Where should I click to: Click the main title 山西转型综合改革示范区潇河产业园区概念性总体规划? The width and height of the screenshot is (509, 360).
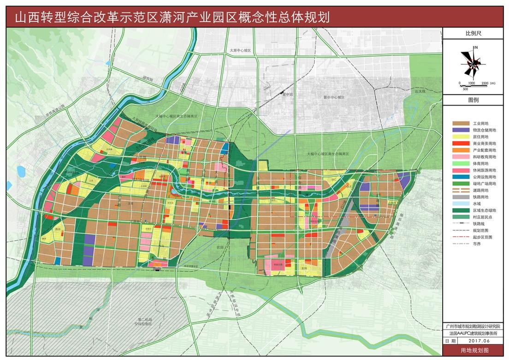[172, 17]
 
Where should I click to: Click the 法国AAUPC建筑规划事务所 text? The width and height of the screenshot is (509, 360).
[474, 333]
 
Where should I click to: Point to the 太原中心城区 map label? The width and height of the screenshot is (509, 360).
[240, 50]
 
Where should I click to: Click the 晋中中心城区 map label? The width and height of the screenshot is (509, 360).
[334, 98]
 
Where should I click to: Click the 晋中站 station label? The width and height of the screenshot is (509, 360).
[289, 94]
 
